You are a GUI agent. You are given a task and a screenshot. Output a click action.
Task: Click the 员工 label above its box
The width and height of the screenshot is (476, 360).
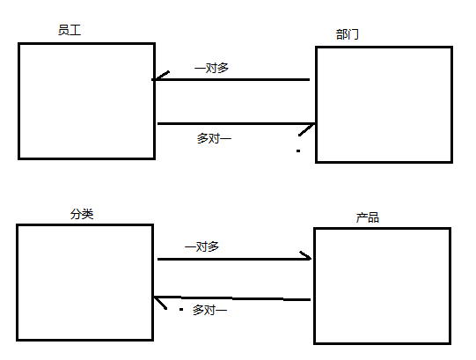[x=70, y=30]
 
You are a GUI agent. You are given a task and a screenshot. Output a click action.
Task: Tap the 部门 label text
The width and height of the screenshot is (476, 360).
[x=348, y=34]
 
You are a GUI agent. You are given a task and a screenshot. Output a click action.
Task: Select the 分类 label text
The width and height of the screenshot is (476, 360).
[x=82, y=214]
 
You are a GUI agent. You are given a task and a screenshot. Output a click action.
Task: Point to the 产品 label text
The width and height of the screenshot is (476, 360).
[x=367, y=217]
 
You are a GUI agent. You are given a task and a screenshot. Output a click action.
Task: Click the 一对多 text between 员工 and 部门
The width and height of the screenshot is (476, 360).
[x=211, y=68]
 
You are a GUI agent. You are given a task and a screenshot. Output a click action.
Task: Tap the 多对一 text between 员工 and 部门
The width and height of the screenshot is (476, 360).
[x=214, y=138]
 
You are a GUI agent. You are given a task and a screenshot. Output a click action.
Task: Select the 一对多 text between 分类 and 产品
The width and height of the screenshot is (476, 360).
[x=201, y=246]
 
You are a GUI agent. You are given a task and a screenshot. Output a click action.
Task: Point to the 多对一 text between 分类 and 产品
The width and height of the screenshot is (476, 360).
[x=209, y=310]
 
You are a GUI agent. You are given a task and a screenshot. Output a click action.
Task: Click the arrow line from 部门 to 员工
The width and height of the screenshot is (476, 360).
[x=231, y=79]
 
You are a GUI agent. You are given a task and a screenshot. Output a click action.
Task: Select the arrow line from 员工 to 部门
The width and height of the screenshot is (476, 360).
[x=236, y=123]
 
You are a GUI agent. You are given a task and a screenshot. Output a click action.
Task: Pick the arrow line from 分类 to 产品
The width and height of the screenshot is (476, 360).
[x=234, y=259]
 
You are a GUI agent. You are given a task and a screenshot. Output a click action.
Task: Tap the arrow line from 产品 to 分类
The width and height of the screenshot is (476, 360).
[x=232, y=298]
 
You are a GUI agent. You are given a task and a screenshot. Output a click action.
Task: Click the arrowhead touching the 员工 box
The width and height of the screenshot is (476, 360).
[x=160, y=76]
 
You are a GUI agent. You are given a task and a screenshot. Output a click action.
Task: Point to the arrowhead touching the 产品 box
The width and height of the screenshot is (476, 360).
[x=306, y=256]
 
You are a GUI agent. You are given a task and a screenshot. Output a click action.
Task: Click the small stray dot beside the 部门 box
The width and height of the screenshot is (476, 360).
[x=298, y=151]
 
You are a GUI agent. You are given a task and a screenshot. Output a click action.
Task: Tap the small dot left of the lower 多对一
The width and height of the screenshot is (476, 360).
[x=181, y=310]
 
